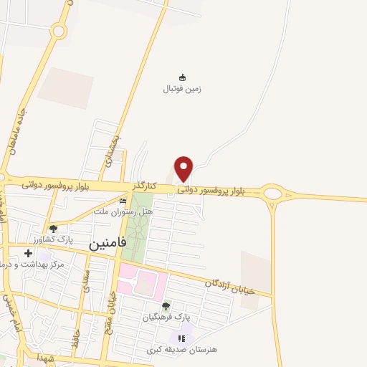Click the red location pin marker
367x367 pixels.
184,169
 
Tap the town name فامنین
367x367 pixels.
108,243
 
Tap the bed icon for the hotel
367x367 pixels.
123,201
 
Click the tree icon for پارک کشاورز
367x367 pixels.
53,229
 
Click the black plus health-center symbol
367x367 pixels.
29,253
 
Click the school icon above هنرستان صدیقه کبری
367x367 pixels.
182,338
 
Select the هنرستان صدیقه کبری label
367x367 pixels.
177,348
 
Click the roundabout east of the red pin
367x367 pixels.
272,192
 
